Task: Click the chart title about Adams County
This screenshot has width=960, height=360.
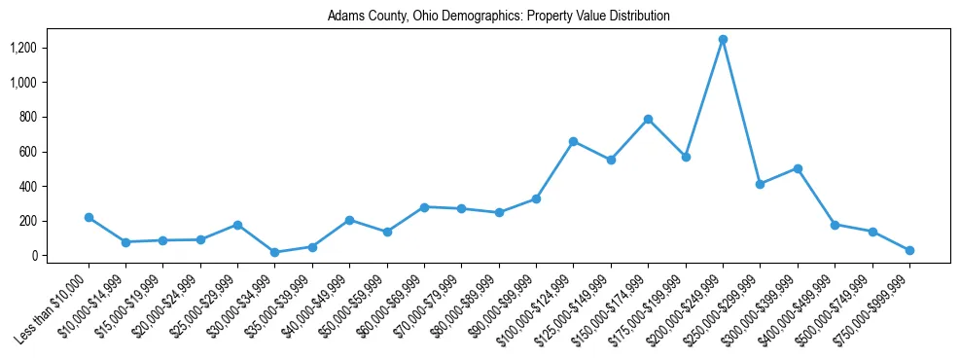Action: [x=498, y=17]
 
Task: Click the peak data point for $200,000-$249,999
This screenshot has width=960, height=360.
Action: [x=723, y=40]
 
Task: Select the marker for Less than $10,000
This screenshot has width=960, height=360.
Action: [x=89, y=217]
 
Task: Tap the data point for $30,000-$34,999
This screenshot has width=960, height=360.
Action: [x=275, y=252]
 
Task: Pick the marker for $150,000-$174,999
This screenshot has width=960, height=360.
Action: [x=648, y=119]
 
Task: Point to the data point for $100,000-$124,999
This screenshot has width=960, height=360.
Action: [x=573, y=141]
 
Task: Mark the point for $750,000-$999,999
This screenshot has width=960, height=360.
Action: [x=909, y=250]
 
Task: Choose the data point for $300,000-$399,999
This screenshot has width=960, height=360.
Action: [x=798, y=168]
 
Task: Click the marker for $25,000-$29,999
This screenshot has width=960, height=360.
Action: [x=237, y=225]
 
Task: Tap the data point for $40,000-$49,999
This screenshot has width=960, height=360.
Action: [x=349, y=220]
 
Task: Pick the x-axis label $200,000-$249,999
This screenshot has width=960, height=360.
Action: [x=686, y=309]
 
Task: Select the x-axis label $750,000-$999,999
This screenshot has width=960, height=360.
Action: [x=872, y=309]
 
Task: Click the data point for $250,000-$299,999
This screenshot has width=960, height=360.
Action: [x=760, y=184]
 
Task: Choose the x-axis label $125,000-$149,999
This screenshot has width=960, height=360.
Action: [x=574, y=309]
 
